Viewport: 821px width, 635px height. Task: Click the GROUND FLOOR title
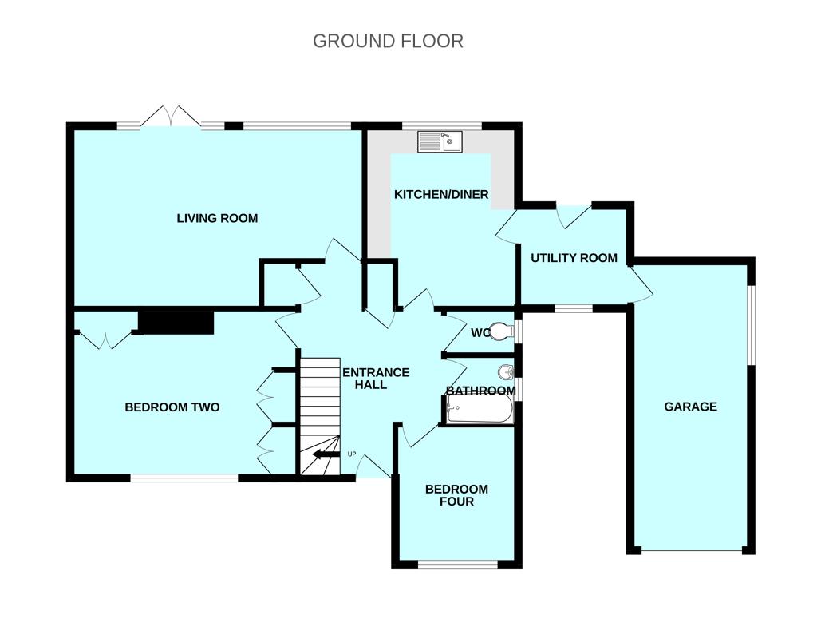tap(388, 41)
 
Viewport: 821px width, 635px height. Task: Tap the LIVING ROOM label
tap(217, 218)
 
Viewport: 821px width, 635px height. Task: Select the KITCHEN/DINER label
tap(441, 194)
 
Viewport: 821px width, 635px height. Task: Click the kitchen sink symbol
tap(440, 142)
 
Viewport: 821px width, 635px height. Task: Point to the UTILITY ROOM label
tap(574, 258)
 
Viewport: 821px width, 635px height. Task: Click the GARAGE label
tap(690, 407)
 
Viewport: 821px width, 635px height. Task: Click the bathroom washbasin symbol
tap(505, 372)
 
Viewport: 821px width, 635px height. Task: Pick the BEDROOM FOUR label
tap(456, 495)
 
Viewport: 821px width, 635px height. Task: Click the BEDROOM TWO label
tap(172, 407)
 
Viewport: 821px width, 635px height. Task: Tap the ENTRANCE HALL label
tap(375, 379)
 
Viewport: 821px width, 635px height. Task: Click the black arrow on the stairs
tap(325, 455)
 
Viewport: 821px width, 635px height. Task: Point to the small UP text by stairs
tap(352, 454)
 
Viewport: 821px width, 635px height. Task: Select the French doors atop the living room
tap(171, 117)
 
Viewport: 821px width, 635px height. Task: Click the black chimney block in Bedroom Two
tap(176, 322)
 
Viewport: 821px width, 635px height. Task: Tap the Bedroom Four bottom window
tap(457, 565)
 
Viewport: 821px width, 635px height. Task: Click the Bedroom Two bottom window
tap(184, 478)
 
